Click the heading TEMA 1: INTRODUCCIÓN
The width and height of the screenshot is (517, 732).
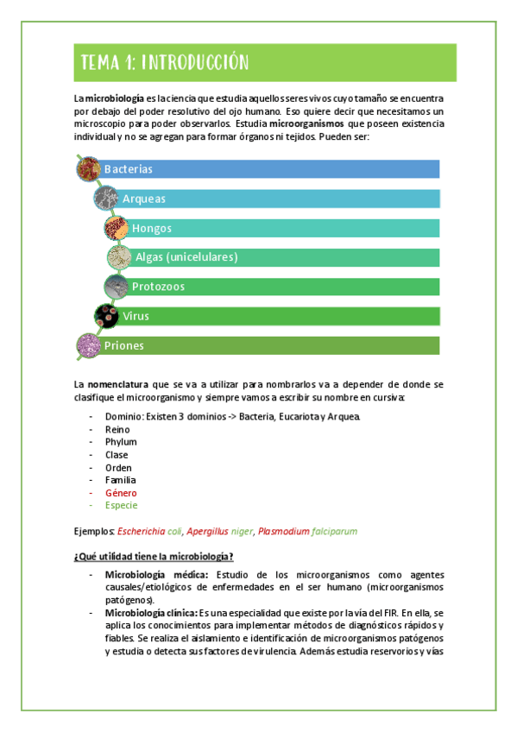click(x=164, y=62)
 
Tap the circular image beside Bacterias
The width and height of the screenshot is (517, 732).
click(x=89, y=168)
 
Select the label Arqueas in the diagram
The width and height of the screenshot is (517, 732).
click(x=144, y=199)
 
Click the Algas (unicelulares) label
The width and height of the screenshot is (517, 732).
click(x=186, y=257)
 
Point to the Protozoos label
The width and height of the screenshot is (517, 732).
click(x=158, y=287)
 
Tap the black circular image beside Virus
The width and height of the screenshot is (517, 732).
click(x=107, y=316)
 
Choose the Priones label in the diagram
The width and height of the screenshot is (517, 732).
click(x=123, y=345)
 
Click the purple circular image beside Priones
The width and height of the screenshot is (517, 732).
click(x=89, y=345)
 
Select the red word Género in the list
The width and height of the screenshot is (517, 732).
click(x=121, y=493)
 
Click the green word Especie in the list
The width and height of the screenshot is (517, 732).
click(x=121, y=505)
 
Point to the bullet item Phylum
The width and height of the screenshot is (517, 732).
click(x=121, y=442)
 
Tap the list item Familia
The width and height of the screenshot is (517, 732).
click(x=121, y=480)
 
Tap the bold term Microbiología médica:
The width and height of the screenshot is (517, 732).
click(x=156, y=575)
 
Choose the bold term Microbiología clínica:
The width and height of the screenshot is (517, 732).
click(x=155, y=612)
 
